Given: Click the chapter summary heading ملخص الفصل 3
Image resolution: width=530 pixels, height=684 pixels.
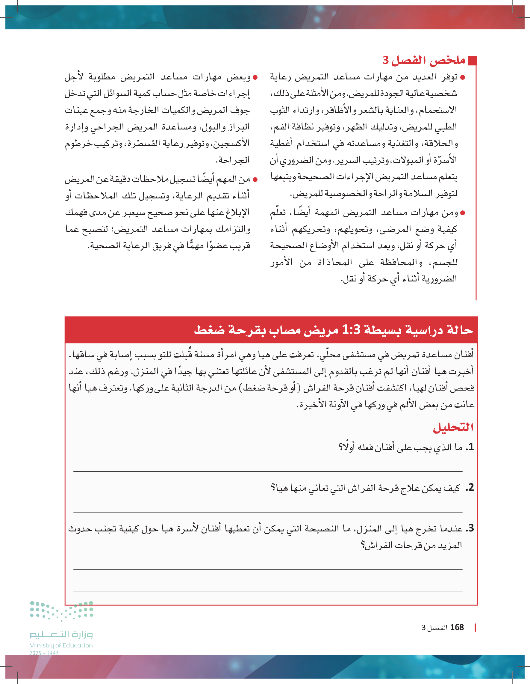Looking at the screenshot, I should click(x=424, y=60).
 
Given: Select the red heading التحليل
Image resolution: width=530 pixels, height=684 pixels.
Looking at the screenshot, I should click(x=453, y=427).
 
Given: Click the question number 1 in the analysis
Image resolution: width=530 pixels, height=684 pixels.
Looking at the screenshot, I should click(x=470, y=447).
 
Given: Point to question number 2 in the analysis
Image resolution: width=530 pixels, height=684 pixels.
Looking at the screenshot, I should click(x=470, y=488).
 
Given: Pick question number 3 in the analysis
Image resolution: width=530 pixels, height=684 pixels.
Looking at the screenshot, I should click(x=470, y=528).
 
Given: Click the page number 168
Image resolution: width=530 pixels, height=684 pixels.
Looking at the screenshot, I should click(x=457, y=627).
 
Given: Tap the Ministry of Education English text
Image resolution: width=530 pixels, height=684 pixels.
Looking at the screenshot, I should click(x=61, y=645).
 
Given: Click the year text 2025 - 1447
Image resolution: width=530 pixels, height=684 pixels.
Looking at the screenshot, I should click(x=44, y=653).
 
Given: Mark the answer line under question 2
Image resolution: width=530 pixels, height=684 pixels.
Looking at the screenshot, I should click(x=268, y=512).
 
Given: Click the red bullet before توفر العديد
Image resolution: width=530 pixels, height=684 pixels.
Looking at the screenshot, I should click(x=463, y=77).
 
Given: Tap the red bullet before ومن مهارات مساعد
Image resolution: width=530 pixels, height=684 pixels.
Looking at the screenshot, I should click(x=463, y=213).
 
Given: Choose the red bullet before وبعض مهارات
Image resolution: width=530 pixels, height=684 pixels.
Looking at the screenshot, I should click(x=255, y=77).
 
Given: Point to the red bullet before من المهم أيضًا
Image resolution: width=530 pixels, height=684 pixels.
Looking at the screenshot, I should click(x=255, y=180).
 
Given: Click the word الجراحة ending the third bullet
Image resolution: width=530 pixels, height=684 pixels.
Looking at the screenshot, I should click(x=233, y=160).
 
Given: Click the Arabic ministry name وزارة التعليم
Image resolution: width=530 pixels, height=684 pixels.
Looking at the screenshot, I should click(x=61, y=635).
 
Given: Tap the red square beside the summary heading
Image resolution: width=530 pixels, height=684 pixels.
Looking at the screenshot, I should click(x=473, y=61).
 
